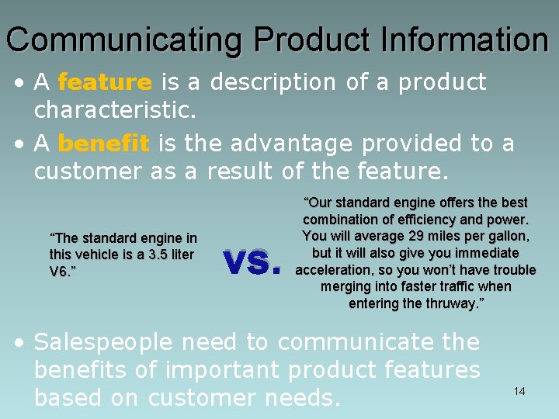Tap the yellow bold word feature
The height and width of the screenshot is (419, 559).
coord(105,82)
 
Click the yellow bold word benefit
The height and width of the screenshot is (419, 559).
coord(103,144)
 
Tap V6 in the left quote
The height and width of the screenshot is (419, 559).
coord(58,271)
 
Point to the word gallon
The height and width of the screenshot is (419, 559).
coord(506,236)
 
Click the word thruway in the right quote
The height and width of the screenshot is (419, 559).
coord(453,303)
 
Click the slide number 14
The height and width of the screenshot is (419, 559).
coord(519,391)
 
